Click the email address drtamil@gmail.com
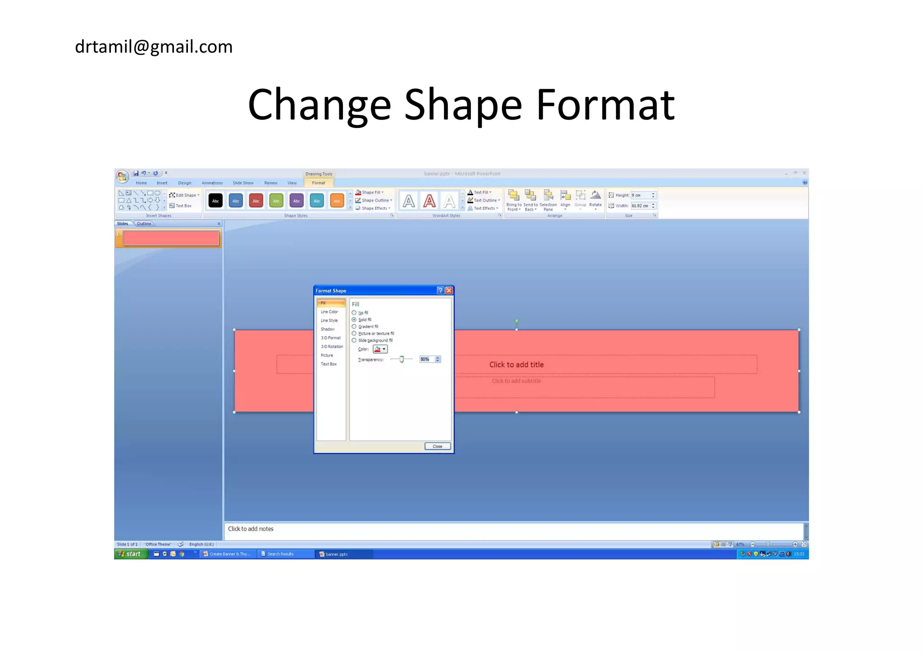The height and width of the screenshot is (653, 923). tap(154, 47)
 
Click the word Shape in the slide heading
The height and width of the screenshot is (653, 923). tap(463, 105)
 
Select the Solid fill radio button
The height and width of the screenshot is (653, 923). tap(354, 320)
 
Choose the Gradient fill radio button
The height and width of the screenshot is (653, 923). tap(354, 326)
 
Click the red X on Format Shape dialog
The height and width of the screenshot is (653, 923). tap(449, 291)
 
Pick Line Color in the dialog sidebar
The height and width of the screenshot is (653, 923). tap(329, 312)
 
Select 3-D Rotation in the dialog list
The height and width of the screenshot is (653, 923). tap(332, 347)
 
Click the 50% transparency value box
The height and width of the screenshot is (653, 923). tap(426, 359)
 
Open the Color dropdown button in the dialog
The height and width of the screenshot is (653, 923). tap(380, 349)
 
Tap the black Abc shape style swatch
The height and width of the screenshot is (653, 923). tap(215, 201)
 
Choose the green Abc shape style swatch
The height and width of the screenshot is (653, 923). tap(276, 201)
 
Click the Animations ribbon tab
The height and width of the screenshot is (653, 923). tap(212, 183)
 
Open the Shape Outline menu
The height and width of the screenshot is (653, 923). tap(375, 200)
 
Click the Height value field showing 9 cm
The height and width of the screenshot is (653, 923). tap(640, 195)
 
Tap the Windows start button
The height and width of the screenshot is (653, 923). tap(131, 554)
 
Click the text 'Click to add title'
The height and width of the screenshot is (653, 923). tap(516, 365)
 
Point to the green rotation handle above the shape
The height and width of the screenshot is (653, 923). tap(516, 321)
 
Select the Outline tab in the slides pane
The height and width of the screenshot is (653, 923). tap(144, 224)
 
